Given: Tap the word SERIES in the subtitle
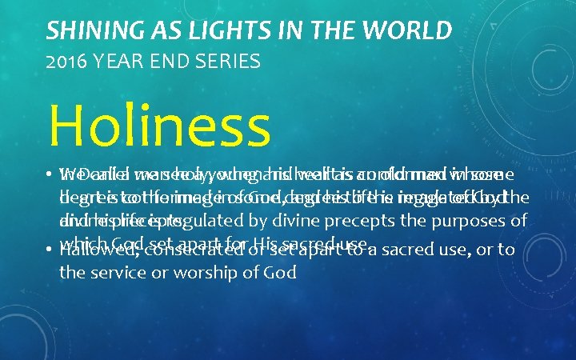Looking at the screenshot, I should click(x=228, y=61).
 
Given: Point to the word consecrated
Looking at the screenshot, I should click(x=190, y=250).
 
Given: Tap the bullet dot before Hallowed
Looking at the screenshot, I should click(x=50, y=250).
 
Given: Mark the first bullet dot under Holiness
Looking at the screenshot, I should click(x=50, y=173).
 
